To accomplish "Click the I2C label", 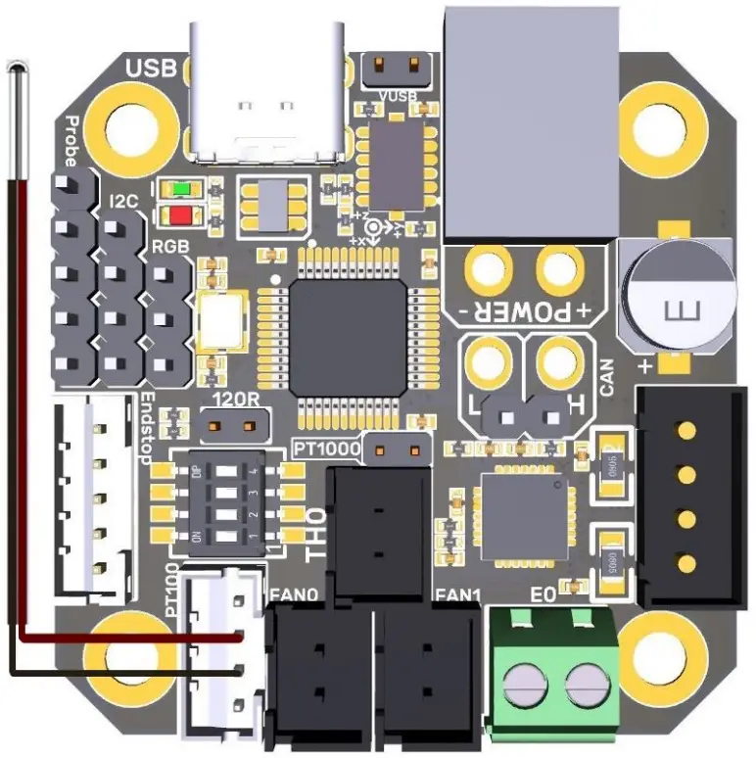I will (124, 203).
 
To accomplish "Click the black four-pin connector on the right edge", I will (686, 495).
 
